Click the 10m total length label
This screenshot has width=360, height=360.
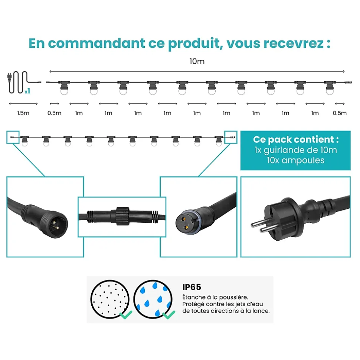pos(197,61)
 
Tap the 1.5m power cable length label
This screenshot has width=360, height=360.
pos(23,113)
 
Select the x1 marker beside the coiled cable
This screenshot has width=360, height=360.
pos(27,91)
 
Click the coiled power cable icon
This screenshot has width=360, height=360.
pos(19,82)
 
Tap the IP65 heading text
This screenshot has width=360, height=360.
pos(192,287)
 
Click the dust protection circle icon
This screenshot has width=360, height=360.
pos(110,299)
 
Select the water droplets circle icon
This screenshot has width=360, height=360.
pos(153,299)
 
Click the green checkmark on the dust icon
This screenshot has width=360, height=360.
pos(126,314)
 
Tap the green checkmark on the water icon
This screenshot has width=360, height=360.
pos(169,314)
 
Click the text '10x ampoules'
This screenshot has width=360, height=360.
pos(296,160)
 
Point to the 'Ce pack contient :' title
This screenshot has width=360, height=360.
pos(296,139)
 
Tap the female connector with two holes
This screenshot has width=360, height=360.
pos(185,224)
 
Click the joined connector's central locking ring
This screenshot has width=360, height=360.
pos(122,216)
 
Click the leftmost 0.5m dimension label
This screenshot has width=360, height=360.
pos(55,113)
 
